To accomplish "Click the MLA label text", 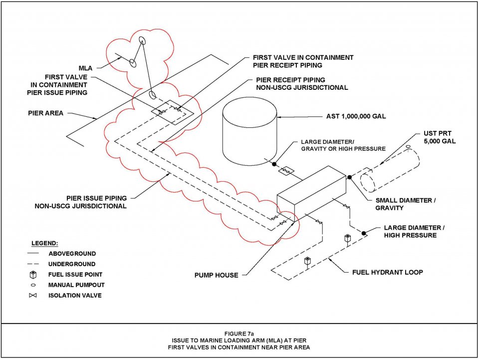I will [x=85, y=67].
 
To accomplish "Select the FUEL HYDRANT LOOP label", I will [x=387, y=272].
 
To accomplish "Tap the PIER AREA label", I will [x=45, y=113].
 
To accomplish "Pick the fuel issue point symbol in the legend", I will [x=32, y=275].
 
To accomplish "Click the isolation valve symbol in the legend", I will [x=32, y=295].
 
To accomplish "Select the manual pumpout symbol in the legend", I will [x=32, y=285].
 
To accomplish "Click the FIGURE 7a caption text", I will [x=239, y=333].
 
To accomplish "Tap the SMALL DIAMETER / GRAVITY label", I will [x=406, y=204].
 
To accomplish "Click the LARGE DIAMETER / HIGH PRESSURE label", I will [x=414, y=231].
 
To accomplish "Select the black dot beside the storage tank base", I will [x=274, y=164].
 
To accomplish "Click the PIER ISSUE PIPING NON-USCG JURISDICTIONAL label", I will [x=80, y=202].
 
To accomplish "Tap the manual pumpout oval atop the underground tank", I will [x=408, y=147].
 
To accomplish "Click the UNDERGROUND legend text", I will [x=72, y=264].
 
